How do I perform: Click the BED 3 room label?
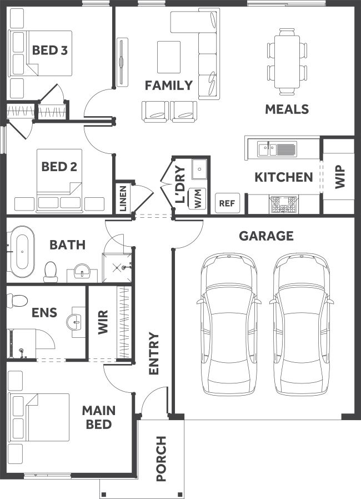[x=50, y=50]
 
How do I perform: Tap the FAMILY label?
[x=169, y=85]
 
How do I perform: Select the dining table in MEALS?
[x=287, y=62]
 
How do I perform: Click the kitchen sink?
[x=277, y=149]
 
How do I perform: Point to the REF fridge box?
[x=227, y=203]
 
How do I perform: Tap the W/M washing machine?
[x=198, y=198]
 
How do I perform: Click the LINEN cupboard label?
[x=123, y=198]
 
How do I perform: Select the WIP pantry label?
[x=340, y=177]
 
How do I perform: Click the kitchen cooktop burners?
[x=283, y=204]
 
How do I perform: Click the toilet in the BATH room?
[x=50, y=272]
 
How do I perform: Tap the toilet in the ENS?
[x=17, y=301]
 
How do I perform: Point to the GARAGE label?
[x=266, y=236]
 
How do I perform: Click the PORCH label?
[x=161, y=458]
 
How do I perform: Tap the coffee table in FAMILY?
[x=169, y=57]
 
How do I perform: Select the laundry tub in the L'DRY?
[x=199, y=169]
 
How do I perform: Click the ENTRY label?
[x=154, y=353]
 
